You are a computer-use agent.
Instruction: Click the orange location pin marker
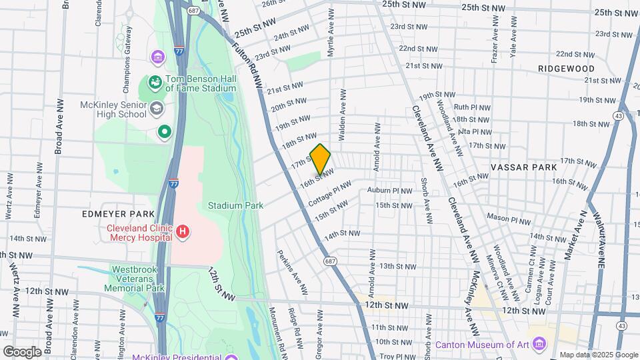tap(321, 159)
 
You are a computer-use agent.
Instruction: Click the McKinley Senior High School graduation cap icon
tap(156, 107)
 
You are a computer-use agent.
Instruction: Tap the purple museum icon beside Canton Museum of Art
tap(539, 345)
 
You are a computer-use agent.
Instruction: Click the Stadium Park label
tap(235, 205)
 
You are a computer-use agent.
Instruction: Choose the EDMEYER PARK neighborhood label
tap(109, 214)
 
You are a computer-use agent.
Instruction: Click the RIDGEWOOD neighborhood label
tap(566, 69)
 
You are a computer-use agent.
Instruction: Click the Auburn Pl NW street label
tap(390, 191)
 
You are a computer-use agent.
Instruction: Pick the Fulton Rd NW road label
tap(249, 64)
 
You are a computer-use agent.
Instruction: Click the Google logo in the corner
tap(21, 351)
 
